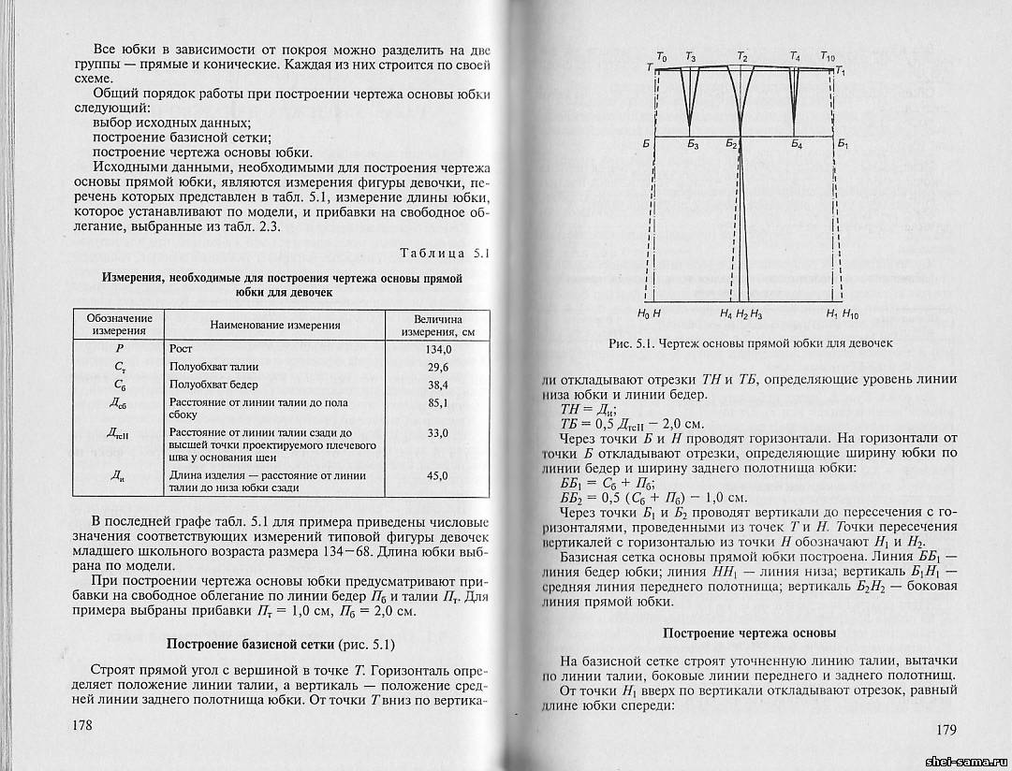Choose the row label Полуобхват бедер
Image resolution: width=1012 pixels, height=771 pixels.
[213, 385]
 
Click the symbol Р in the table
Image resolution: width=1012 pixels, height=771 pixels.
[119, 349]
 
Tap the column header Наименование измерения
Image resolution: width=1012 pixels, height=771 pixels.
[274, 325]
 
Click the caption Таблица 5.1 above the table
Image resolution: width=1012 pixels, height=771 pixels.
[446, 254]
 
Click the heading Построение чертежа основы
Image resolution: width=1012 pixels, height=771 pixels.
[749, 633]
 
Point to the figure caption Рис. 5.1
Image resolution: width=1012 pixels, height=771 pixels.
[750, 343]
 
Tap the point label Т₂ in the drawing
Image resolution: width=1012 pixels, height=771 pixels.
[742, 58]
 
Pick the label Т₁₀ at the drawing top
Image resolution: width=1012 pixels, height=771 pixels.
[828, 58]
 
